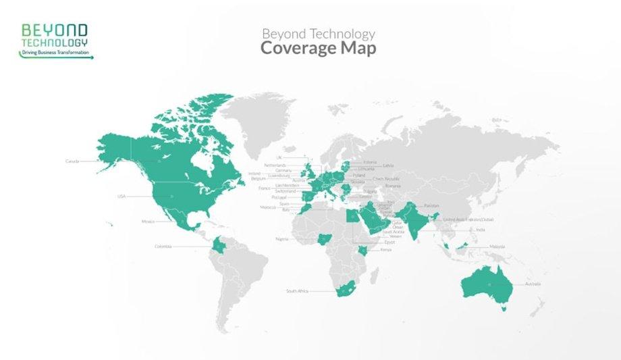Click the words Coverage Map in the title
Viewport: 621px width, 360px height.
point(318,49)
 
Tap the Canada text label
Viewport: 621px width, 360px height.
point(72,161)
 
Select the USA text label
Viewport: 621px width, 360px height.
point(122,197)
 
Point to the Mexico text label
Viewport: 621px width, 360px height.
point(148,222)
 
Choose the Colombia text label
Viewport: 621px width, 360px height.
point(163,247)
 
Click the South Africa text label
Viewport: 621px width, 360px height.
point(297,291)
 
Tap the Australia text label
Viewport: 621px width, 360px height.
point(533,284)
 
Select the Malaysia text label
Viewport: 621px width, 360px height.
point(497,247)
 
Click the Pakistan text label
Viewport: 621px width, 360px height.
point(432,205)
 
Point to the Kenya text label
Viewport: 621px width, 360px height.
point(386,250)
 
